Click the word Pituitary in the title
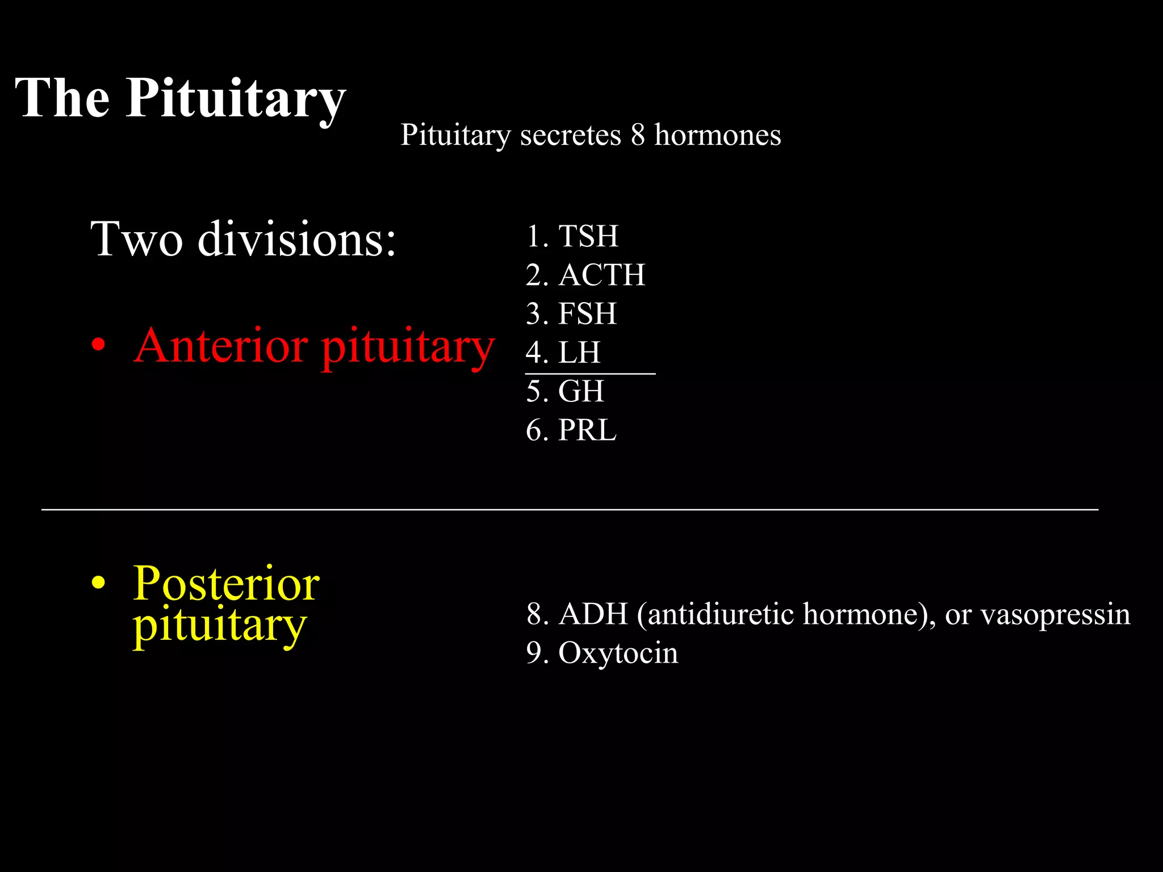coord(236,98)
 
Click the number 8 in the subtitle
coord(638,136)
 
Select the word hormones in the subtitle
coord(718,136)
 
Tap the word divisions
coord(296,239)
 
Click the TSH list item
coord(588,236)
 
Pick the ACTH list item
coord(602,275)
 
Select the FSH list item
coord(587,314)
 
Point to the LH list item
coord(579,353)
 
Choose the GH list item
coord(581,392)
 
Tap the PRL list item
coord(587,430)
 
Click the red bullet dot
coord(99,345)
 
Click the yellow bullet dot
coord(99,583)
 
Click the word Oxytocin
coord(618,653)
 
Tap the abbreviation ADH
coord(593,614)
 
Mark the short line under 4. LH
coord(591,374)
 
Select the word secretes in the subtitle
coord(570,136)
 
